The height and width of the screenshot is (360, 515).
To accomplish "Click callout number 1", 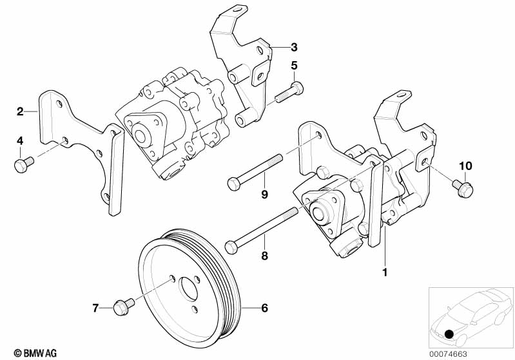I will pos(385,272).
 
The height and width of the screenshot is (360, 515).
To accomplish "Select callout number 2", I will pos(20,111).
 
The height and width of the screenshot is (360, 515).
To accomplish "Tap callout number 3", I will pos(293,46).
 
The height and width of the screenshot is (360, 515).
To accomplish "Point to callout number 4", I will pos(20,140).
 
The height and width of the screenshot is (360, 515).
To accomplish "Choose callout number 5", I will pos(294,65).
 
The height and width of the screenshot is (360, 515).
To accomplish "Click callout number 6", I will pos(264,308).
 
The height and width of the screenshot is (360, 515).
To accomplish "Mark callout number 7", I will pos(95,308).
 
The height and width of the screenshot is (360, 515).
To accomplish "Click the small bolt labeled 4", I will pos(23,164).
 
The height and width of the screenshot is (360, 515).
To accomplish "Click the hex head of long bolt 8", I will pos(231,247).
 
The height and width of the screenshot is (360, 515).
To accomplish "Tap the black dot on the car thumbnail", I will pos(449,336).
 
